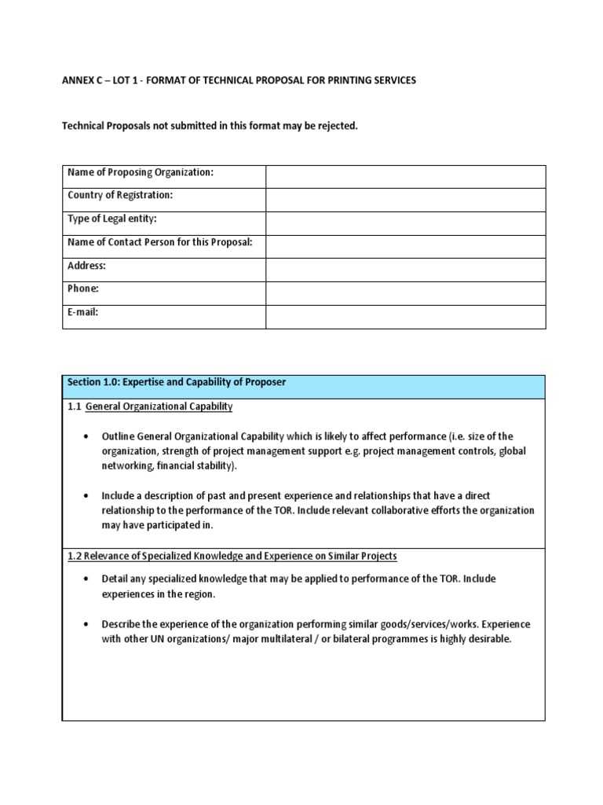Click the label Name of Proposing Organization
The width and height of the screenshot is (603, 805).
click(141, 173)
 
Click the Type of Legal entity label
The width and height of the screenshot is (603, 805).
click(118, 219)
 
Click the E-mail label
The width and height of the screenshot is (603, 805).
click(83, 312)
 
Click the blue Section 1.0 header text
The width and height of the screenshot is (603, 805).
click(177, 382)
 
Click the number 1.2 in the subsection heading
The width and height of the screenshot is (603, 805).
click(75, 556)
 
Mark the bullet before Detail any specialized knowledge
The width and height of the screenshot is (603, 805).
click(85, 579)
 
